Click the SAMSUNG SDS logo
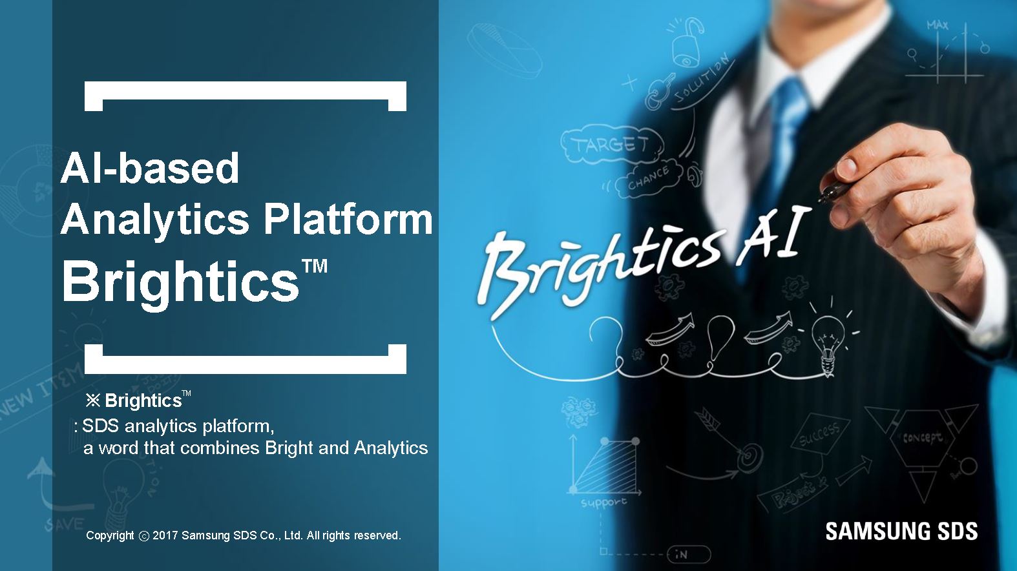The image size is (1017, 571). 901,531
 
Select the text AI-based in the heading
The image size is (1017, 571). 150,168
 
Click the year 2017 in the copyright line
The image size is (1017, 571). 165,535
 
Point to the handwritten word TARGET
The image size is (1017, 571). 610,144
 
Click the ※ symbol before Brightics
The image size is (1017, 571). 93,401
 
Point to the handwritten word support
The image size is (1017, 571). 603,502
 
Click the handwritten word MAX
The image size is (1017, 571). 938,25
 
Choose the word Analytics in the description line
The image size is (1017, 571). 391,448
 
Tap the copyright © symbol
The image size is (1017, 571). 143,536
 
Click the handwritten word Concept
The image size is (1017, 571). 922,438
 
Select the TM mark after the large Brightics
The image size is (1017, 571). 314,265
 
